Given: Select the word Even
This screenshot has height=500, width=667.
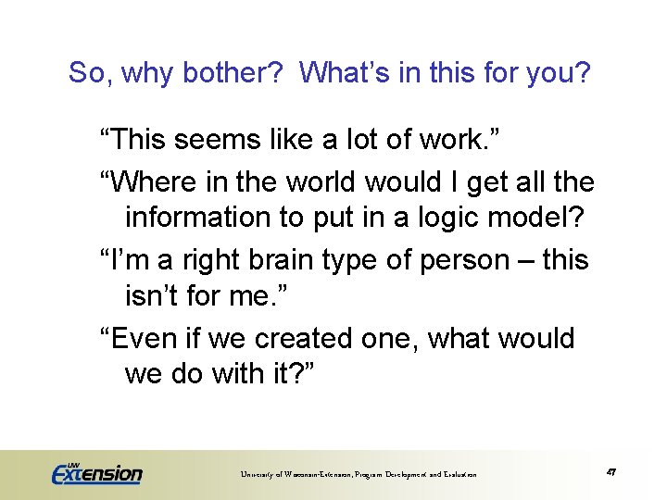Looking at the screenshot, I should (x=146, y=338).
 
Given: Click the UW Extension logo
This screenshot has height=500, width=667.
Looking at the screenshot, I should (x=96, y=473).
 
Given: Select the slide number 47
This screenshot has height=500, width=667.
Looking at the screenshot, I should (x=612, y=472).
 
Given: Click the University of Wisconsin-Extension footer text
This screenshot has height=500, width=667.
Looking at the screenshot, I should (x=359, y=474).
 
